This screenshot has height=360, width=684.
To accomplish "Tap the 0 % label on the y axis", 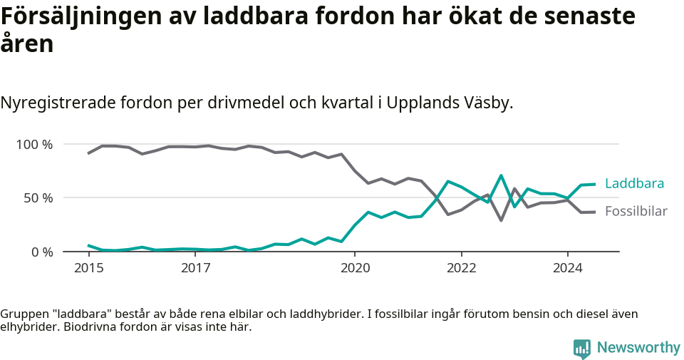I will [42, 252].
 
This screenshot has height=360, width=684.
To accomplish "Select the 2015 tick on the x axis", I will [88, 268].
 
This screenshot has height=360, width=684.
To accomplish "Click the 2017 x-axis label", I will [195, 268].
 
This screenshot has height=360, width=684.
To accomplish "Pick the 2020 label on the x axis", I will [355, 268].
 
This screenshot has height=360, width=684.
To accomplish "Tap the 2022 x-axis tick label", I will [461, 268].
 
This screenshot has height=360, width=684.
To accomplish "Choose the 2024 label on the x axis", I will [568, 268].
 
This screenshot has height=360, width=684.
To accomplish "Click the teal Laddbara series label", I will [634, 184].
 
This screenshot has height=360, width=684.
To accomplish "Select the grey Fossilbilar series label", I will [636, 212].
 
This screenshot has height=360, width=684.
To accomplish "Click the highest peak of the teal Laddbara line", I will [502, 175].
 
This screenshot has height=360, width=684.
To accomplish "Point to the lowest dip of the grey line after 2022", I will [502, 220].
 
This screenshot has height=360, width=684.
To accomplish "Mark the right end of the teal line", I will [594, 184].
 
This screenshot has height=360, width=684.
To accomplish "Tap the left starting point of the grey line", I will [88, 153].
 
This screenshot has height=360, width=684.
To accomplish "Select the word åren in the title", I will [27, 44].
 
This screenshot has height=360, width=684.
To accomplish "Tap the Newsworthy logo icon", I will [581, 349].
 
